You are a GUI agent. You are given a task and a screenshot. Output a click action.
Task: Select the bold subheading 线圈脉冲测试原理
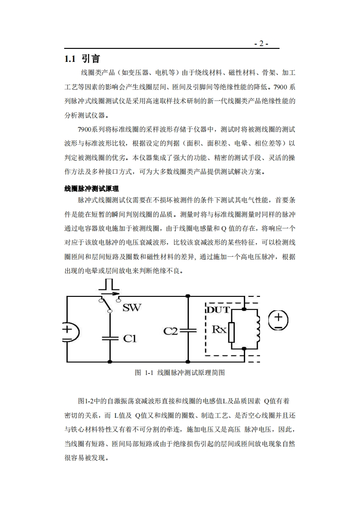pos(91,189)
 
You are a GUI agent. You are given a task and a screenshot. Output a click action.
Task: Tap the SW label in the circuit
pos(132,308)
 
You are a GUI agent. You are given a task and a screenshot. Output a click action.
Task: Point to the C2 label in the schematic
pos(171,331)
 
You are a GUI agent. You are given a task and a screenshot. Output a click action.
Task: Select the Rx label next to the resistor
pos(219,329)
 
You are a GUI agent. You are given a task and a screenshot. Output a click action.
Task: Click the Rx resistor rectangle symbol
pos(232,331)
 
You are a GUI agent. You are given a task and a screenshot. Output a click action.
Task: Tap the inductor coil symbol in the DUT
pos(256,329)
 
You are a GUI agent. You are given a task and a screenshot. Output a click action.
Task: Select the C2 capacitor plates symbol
pos(187,331)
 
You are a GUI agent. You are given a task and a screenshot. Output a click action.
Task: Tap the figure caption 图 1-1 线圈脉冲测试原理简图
pos(180,373)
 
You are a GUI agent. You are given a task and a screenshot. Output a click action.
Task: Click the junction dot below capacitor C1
pos(110,361)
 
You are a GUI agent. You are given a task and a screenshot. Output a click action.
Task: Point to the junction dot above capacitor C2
pos(187,296)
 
